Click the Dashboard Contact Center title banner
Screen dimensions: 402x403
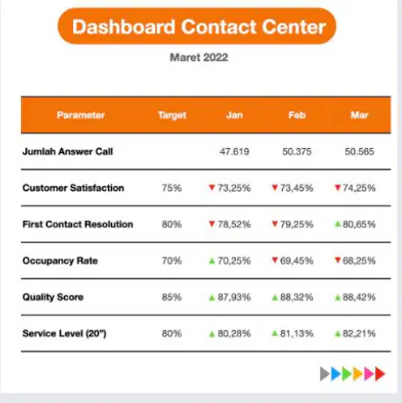click(197, 26)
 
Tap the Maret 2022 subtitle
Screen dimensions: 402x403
click(199, 57)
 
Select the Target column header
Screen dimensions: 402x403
click(172, 116)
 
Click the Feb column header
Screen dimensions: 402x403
click(297, 115)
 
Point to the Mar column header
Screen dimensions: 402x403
click(359, 115)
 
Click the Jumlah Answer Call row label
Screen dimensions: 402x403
click(68, 151)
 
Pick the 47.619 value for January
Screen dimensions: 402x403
click(234, 151)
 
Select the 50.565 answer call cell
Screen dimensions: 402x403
click(359, 151)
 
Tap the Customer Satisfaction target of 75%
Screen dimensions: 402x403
click(171, 188)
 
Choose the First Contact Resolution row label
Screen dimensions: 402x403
click(77, 225)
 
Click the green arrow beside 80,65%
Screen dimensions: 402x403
click(338, 224)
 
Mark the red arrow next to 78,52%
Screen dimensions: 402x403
click(212, 224)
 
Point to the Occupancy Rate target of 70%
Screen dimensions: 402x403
click(171, 261)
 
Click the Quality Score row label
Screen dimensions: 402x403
click(53, 297)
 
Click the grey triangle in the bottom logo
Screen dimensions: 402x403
click(324, 373)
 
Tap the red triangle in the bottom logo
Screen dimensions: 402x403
click(379, 373)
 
